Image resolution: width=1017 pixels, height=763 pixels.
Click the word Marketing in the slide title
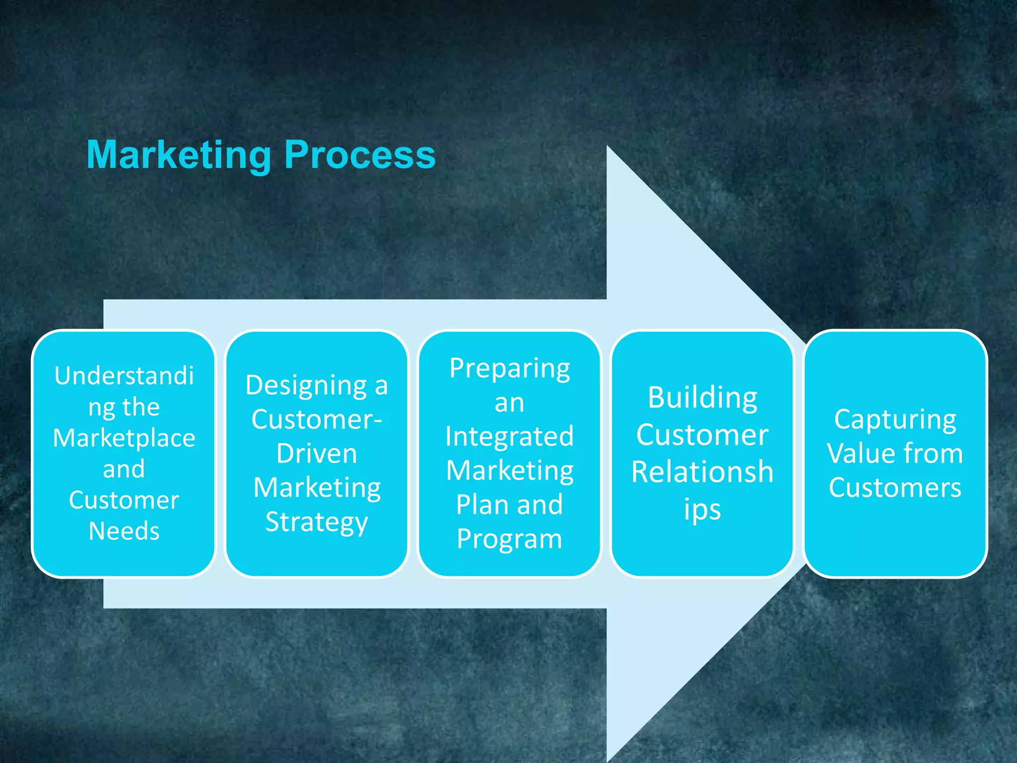pyautogui.click(x=179, y=155)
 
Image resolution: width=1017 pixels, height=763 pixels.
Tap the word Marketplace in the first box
pyautogui.click(x=124, y=438)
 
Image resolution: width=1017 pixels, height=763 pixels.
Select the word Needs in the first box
pyautogui.click(x=124, y=531)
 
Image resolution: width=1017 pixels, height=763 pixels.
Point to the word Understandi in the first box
pyautogui.click(x=124, y=376)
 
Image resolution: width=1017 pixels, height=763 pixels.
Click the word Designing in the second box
pyautogui.click(x=306, y=386)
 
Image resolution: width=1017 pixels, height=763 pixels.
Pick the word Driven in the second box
pyautogui.click(x=317, y=454)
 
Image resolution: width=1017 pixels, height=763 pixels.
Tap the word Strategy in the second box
pyautogui.click(x=317, y=523)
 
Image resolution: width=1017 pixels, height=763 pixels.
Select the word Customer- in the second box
pyautogui.click(x=317, y=419)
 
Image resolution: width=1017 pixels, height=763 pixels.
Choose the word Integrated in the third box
pyautogui.click(x=509, y=437)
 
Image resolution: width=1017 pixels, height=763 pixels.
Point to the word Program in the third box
pyautogui.click(x=509, y=539)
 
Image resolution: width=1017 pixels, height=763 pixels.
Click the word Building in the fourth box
pyautogui.click(x=703, y=398)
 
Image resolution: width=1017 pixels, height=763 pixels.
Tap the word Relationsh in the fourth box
pyautogui.click(x=703, y=472)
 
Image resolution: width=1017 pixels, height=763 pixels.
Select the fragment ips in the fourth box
pyautogui.click(x=703, y=511)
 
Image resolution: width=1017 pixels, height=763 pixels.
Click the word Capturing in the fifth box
pyautogui.click(x=895, y=420)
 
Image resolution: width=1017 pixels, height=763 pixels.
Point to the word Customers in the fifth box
pyautogui.click(x=895, y=488)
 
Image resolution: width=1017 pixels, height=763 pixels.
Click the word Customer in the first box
pyautogui.click(x=124, y=500)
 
